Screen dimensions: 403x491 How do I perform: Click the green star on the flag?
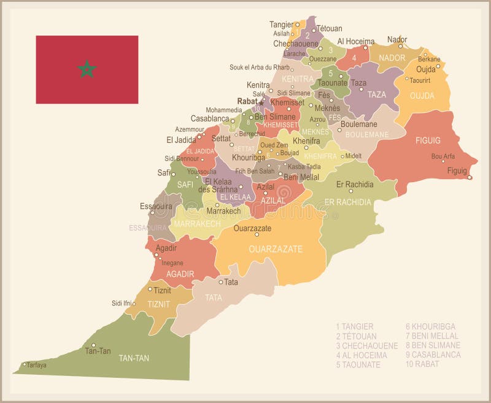tap(87, 69)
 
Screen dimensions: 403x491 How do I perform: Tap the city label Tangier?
tap(282, 25)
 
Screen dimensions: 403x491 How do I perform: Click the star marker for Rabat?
tap(261, 103)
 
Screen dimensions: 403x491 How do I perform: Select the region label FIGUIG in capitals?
tap(428, 140)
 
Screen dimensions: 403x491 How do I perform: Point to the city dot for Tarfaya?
tap(25, 364)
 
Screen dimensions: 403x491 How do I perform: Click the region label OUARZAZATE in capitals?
tap(276, 249)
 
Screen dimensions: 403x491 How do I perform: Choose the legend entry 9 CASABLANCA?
tap(433, 355)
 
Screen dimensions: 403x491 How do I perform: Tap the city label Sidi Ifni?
tap(122, 303)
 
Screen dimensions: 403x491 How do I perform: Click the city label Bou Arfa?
tap(443, 156)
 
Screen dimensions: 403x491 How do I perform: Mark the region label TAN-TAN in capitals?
tap(134, 358)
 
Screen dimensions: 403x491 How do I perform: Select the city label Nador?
tap(397, 39)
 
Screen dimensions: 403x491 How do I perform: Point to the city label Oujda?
tap(426, 69)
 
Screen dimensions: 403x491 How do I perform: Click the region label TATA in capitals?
tap(214, 297)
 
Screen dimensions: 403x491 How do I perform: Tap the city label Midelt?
tap(354, 156)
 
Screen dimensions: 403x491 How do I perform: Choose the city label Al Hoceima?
tap(356, 41)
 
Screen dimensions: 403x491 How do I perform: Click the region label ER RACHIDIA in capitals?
tap(347, 202)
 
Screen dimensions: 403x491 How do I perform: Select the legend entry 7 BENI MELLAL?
tap(432, 336)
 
